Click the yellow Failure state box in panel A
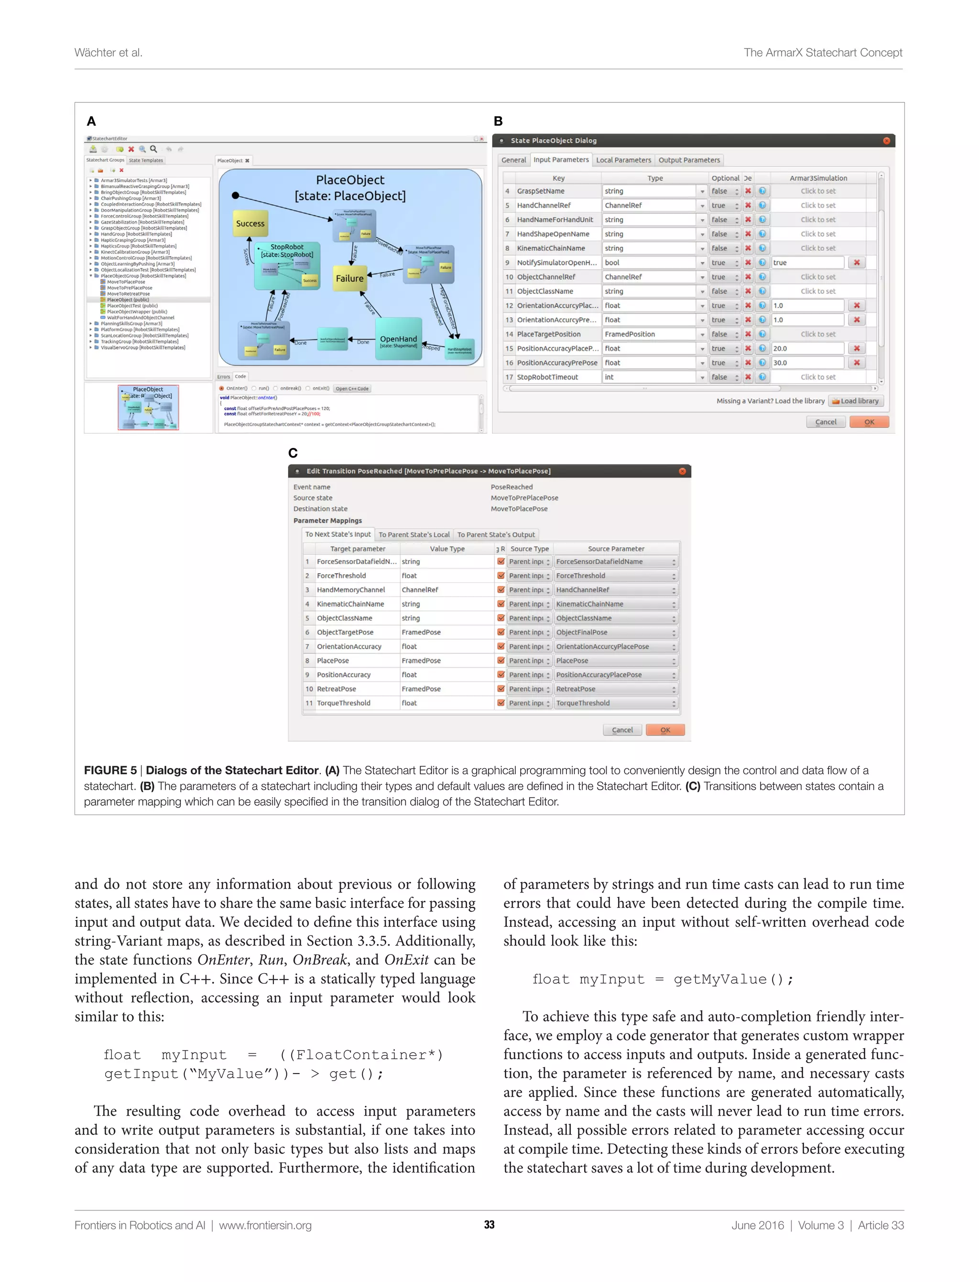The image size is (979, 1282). click(349, 279)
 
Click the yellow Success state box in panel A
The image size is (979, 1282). click(250, 224)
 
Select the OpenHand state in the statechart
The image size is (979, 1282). click(399, 339)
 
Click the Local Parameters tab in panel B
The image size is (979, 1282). click(623, 160)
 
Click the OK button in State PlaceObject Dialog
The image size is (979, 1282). click(869, 422)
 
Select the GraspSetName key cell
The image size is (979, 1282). click(557, 191)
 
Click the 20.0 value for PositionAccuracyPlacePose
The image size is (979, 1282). click(807, 348)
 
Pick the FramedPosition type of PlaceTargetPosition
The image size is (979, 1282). click(650, 334)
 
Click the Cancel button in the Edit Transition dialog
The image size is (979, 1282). click(622, 729)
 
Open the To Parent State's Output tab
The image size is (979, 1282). click(495, 534)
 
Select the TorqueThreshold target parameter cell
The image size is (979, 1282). click(356, 703)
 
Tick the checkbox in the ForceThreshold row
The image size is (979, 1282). click(500, 575)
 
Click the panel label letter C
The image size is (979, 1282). click(293, 453)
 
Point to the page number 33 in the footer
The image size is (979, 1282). click(489, 1225)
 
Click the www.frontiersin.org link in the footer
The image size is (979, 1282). click(265, 1225)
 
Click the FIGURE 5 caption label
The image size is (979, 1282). click(110, 771)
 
